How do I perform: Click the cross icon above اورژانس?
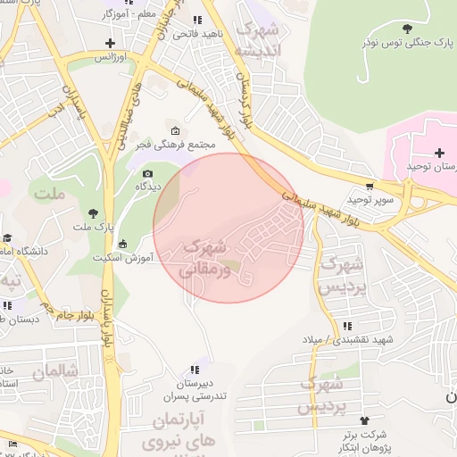[110, 43]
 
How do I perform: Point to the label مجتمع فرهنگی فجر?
[205, 145]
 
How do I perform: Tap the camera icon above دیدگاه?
[147, 173]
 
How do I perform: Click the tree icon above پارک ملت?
[94, 212]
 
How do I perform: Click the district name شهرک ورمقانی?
[205, 257]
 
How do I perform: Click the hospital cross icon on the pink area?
[439, 153]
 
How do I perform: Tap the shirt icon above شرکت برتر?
[363, 420]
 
